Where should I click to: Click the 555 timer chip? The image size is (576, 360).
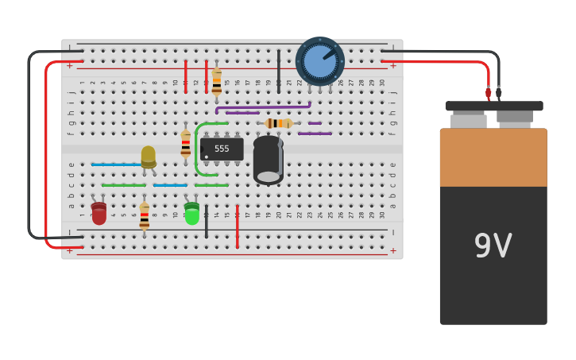pos(222,149)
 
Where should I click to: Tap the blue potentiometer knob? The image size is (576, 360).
pos(319,61)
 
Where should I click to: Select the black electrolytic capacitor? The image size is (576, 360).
pos(268,160)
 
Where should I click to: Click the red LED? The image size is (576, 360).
pos(99,213)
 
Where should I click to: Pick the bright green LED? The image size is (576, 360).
pos(191,214)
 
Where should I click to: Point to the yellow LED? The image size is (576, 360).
pos(149,156)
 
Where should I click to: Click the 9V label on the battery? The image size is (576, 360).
pos(493,246)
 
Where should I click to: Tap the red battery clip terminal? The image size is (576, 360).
pos(489,92)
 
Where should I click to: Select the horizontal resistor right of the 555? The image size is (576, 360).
pos(279,123)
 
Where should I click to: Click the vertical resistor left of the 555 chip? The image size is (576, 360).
pos(186,144)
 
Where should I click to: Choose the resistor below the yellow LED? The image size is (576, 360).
pos(144,216)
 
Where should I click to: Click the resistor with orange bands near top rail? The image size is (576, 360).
pos(216,81)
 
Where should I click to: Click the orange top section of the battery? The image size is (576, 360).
pos(493,157)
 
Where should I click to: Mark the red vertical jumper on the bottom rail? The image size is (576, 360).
pos(237,226)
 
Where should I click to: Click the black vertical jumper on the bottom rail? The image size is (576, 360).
pos(206,222)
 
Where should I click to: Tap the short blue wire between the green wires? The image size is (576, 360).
pos(170,185)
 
